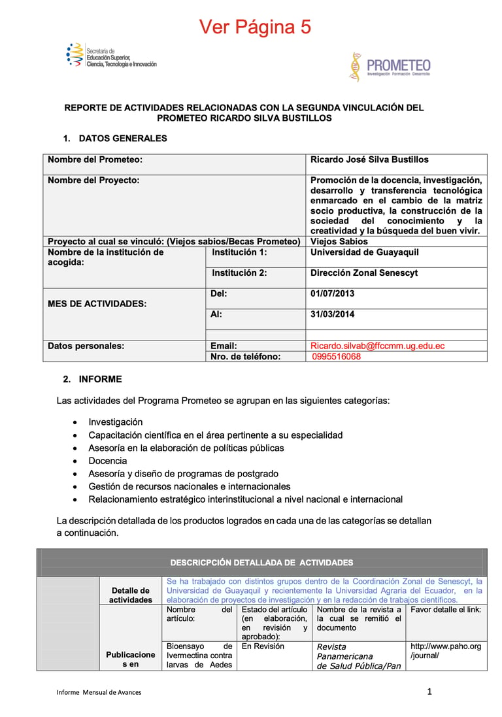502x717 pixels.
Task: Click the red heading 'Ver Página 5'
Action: [x=255, y=27]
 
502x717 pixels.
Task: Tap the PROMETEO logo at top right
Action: [x=390, y=67]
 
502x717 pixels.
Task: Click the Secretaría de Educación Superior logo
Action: [x=111, y=56]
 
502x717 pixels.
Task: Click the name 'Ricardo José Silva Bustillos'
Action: [x=369, y=159]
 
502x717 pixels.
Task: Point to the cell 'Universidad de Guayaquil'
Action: [x=364, y=252]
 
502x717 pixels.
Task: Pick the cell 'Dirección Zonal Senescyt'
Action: [x=363, y=273]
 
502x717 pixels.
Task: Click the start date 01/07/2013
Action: [x=332, y=294]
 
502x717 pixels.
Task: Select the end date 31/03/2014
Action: [x=332, y=314]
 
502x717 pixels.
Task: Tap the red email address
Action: [x=377, y=346]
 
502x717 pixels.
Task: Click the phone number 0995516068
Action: [x=336, y=357]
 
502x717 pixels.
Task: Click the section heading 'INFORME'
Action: [x=100, y=379]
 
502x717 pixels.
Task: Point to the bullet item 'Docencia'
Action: [x=108, y=461]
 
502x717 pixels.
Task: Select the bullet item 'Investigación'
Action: [x=116, y=422]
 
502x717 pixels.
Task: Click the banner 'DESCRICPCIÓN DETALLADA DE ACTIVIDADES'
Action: [x=261, y=563]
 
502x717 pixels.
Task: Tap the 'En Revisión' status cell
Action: [x=263, y=646]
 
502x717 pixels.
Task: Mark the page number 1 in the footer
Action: [x=429, y=692]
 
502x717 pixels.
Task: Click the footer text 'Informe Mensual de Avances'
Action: [x=98, y=692]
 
